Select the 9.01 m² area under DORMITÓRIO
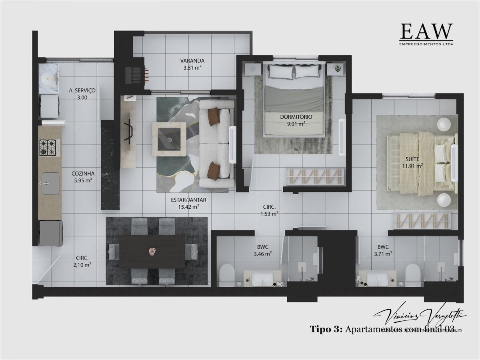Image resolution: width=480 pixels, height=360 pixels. (x=296, y=124)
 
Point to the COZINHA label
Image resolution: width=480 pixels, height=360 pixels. (x=83, y=174)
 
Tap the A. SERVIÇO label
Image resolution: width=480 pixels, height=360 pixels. (x=82, y=91)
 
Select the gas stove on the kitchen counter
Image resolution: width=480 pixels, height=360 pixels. (x=49, y=148)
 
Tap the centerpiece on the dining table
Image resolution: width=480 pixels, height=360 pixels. (x=152, y=251)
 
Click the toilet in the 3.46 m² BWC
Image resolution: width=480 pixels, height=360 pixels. (x=227, y=274)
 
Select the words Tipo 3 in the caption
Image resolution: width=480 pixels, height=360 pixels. (x=326, y=329)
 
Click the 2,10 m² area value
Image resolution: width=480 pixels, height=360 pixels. (x=83, y=264)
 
